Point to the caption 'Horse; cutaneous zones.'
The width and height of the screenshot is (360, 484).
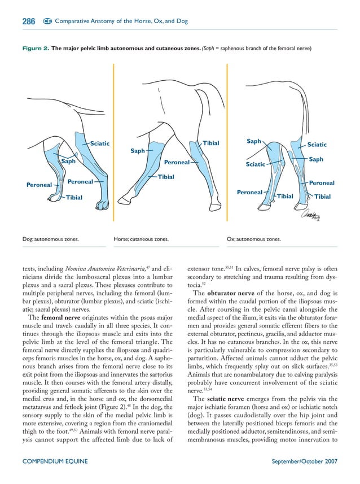coord(142,239)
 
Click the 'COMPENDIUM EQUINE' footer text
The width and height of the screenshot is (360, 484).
coord(55,461)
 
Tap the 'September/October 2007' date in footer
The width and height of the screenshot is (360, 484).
coord(305,461)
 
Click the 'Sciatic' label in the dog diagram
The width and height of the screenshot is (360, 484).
coord(99,143)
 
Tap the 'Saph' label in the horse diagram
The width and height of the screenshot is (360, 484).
coord(137,151)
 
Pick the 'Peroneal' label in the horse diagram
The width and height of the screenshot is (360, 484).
coord(176,163)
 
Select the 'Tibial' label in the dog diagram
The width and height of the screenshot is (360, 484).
coord(74,198)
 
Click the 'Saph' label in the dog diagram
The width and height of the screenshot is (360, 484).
coord(69,161)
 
